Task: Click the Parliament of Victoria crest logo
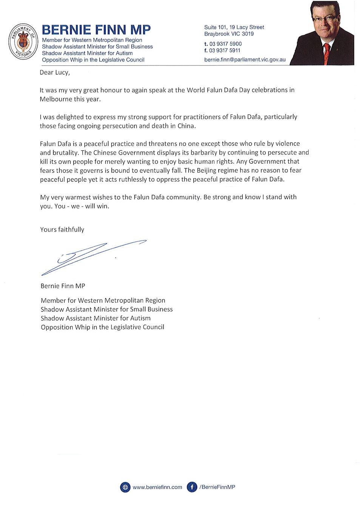[x=23, y=41]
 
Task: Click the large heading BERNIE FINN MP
[x=96, y=29]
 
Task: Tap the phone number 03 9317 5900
[x=226, y=44]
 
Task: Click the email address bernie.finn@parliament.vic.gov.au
[x=245, y=59]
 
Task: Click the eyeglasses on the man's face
[x=324, y=18]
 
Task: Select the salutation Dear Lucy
[x=55, y=73]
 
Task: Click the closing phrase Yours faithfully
[x=62, y=229]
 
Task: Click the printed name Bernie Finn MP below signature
[x=63, y=286]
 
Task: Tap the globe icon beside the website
[x=125, y=487]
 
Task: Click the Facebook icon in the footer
[x=192, y=487]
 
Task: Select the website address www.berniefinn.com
[x=157, y=487]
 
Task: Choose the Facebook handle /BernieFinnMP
[x=217, y=487]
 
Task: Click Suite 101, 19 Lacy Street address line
[x=234, y=27]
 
